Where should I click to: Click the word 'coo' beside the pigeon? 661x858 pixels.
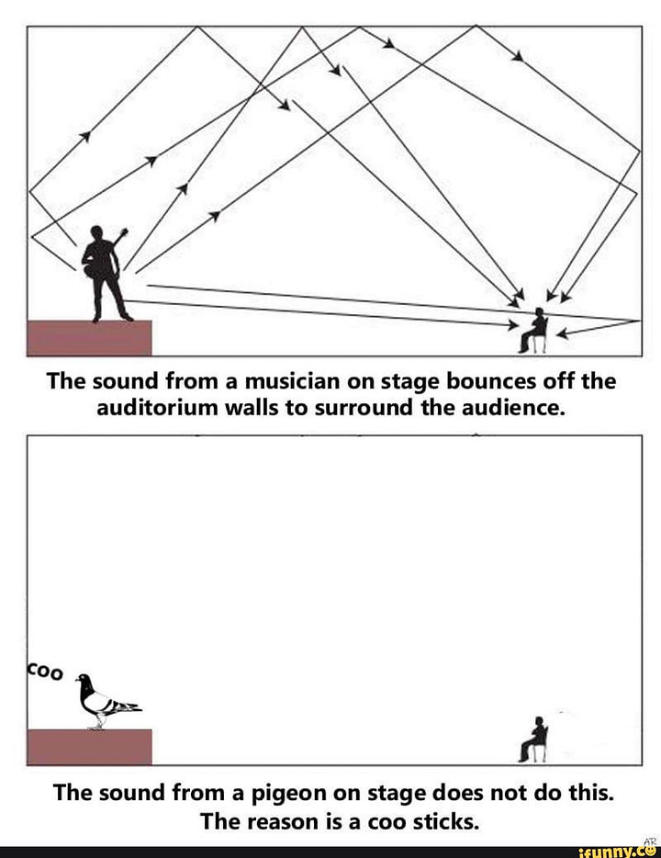[x=45, y=672]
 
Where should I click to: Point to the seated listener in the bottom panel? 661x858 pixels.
[x=534, y=739]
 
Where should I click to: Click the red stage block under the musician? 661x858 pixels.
[x=89, y=337]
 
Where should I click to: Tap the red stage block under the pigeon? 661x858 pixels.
[x=89, y=746]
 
